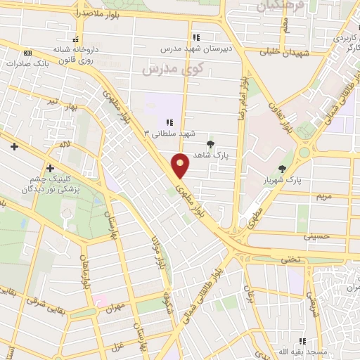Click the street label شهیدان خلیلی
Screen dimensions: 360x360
click(281, 51)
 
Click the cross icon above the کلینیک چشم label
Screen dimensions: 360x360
click(49, 168)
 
